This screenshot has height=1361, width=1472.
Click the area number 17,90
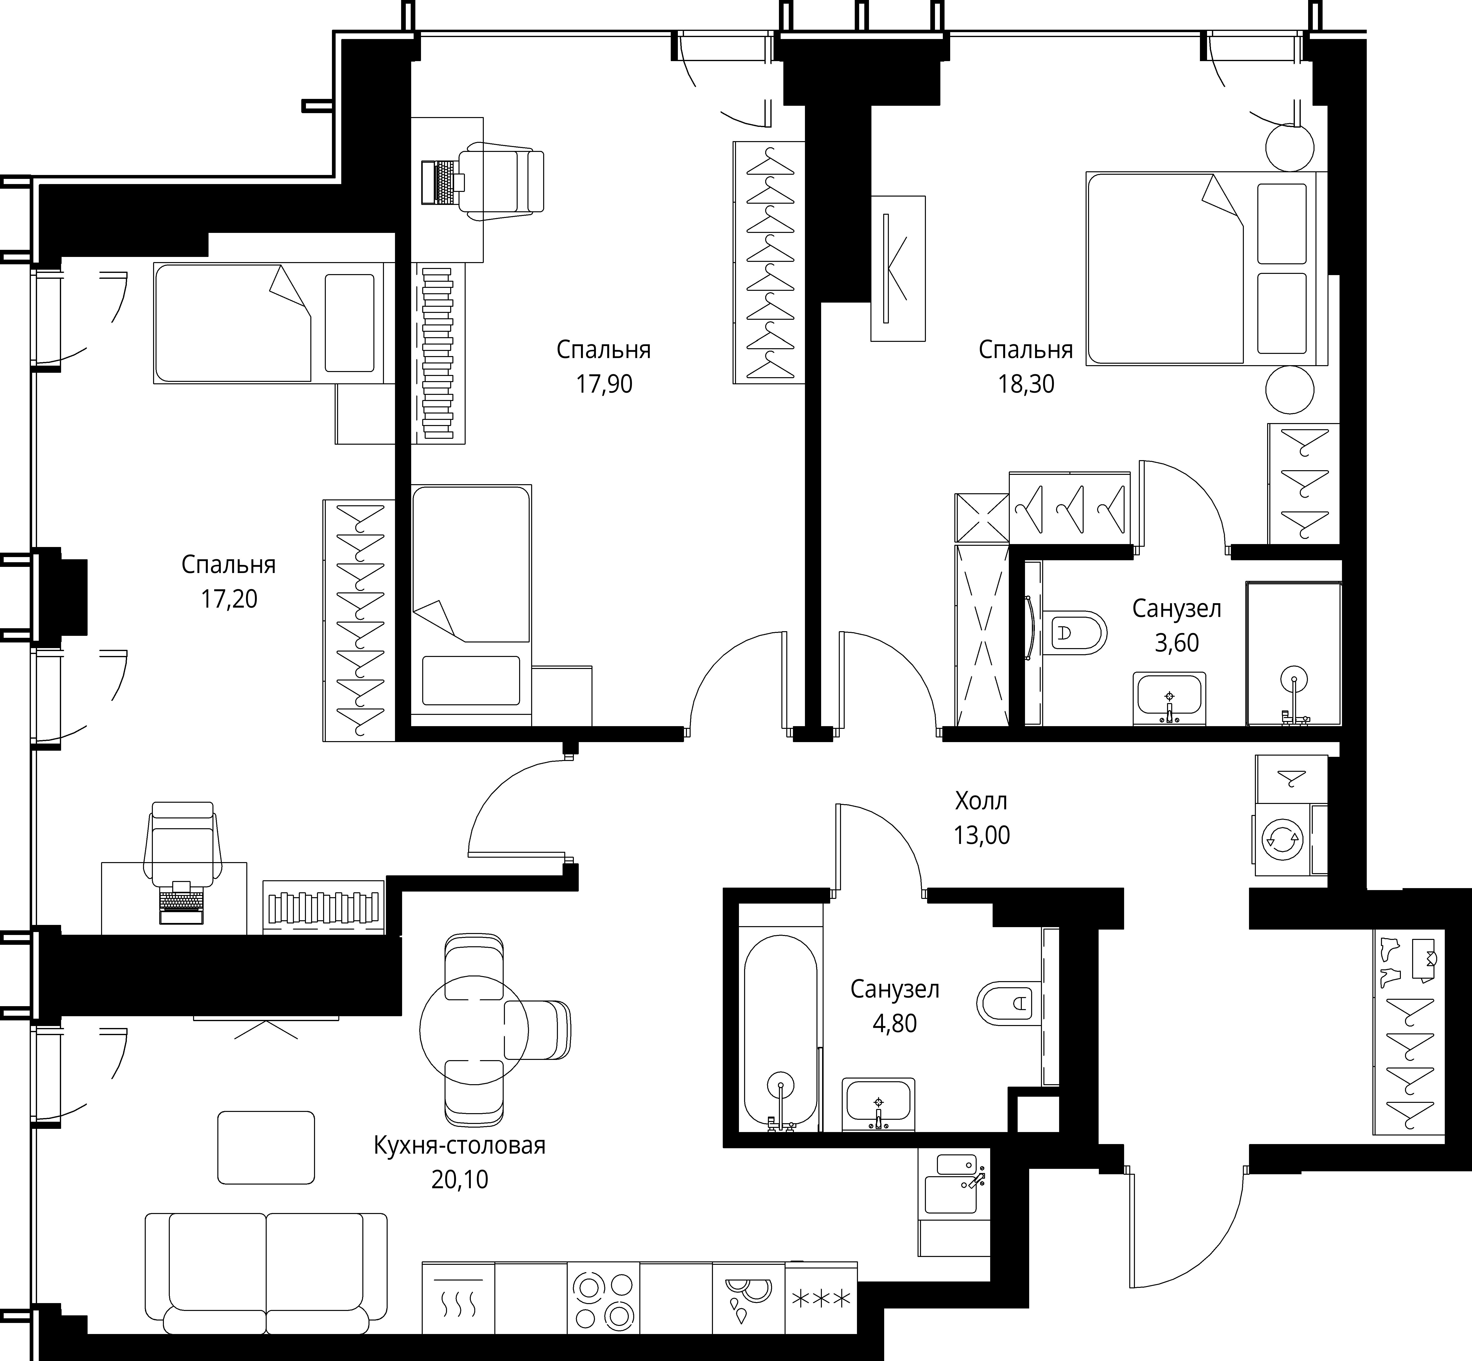pos(604,385)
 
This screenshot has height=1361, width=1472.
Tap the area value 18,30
pos(1026,385)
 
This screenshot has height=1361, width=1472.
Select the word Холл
pos(981,801)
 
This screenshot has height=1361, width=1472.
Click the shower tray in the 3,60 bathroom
pos(1293,654)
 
